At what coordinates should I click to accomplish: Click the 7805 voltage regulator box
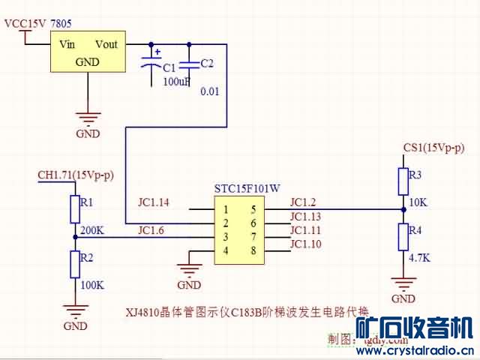pyautogui.click(x=88, y=52)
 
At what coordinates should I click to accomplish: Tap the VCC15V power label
pyautogui.click(x=25, y=24)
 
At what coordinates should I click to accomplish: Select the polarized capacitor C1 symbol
pyautogui.click(x=156, y=65)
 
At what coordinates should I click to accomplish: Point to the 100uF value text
pyautogui.click(x=177, y=80)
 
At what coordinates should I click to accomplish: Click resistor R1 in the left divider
pyautogui.click(x=75, y=209)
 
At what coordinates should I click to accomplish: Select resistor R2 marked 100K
pyautogui.click(x=75, y=264)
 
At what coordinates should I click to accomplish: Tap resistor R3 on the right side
pyautogui.click(x=403, y=181)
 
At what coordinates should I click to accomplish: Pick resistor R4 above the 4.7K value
pyautogui.click(x=403, y=236)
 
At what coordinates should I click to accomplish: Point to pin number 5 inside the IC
pyautogui.click(x=253, y=209)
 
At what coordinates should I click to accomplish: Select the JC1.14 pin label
pyautogui.click(x=154, y=202)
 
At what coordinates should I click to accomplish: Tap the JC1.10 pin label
pyautogui.click(x=305, y=244)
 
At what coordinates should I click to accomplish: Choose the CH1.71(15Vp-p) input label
pyautogui.click(x=75, y=175)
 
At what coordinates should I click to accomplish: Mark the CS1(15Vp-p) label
pyautogui.click(x=433, y=148)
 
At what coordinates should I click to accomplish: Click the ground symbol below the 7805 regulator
pyautogui.click(x=88, y=118)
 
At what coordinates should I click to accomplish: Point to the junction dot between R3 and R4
pyautogui.click(x=403, y=209)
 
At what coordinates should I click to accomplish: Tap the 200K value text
pyautogui.click(x=91, y=230)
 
